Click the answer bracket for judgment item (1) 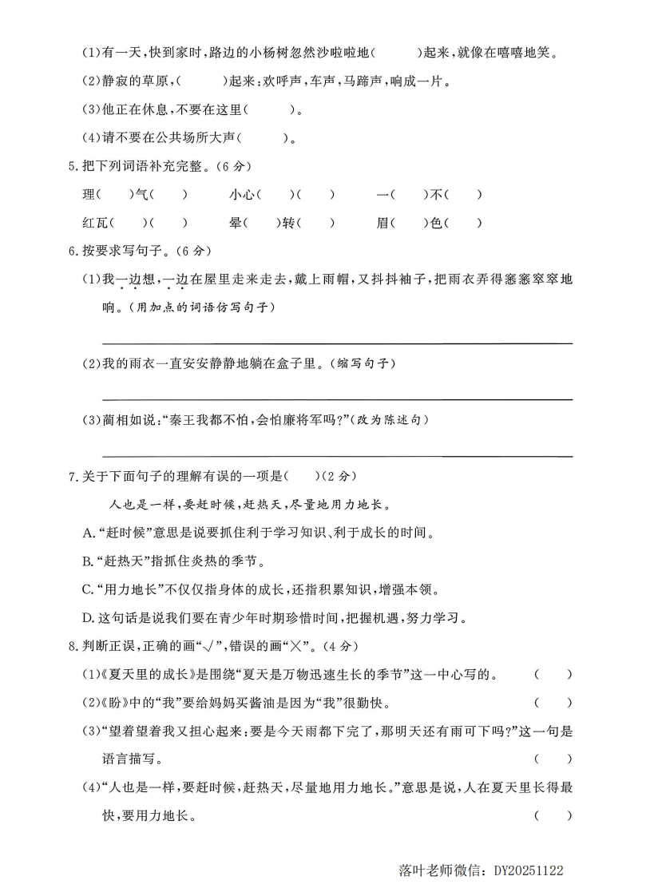coord(553,675)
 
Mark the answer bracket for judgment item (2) coord(553,704)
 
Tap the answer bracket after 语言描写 coord(553,759)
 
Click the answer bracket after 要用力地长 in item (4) coord(553,815)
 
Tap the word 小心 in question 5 coord(242,194)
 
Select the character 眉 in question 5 coord(382,224)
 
